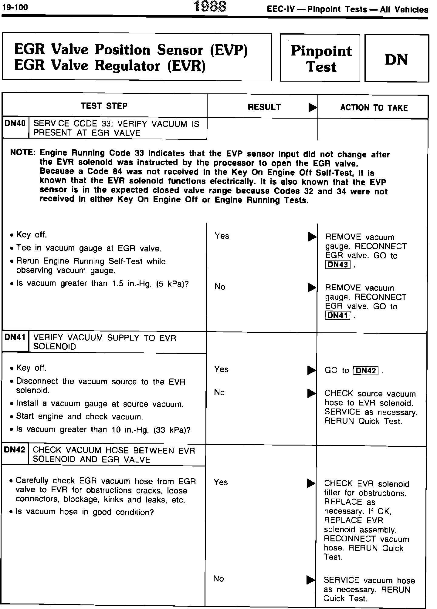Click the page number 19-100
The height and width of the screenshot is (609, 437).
tap(15, 7)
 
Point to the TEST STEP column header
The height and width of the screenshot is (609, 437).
tap(104, 106)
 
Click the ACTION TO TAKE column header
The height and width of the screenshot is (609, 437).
tap(374, 108)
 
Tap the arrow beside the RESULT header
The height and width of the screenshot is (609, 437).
tap(312, 108)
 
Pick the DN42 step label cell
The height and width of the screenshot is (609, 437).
tap(15, 449)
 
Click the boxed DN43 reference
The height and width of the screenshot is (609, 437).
tap(337, 265)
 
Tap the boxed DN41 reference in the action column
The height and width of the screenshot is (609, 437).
tap(337, 315)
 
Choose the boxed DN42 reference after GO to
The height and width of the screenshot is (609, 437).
tap(366, 371)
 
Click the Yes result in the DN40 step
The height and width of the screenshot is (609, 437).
tap(222, 236)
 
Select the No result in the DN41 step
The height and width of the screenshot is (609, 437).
tap(219, 392)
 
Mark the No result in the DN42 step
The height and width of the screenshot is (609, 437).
tap(218, 579)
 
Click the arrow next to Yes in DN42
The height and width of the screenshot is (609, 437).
tap(311, 483)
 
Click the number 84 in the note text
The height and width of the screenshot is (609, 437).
tap(117, 172)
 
